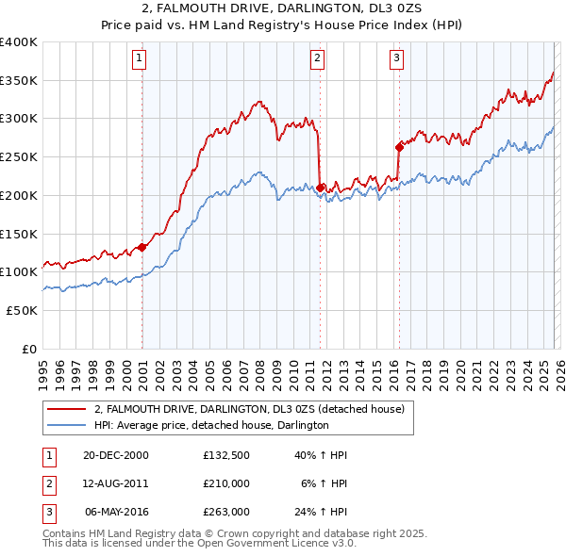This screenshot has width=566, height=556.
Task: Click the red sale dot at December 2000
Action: pos(142,247)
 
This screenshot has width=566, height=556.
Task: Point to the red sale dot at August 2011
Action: pos(321,188)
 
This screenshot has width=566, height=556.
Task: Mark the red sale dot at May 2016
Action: pos(399,146)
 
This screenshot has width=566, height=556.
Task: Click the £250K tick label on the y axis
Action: pos(18,156)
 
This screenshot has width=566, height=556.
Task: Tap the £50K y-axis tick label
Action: pos(21,310)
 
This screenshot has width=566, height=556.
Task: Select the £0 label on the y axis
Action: pos(29,349)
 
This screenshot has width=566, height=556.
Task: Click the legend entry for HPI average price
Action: pos(210,426)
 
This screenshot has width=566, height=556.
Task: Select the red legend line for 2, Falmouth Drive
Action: pos(66,409)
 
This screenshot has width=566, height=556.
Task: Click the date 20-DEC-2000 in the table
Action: pos(116,455)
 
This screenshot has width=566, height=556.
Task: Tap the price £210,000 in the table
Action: pos(226,483)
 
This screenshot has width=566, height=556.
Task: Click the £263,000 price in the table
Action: pos(226,512)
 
